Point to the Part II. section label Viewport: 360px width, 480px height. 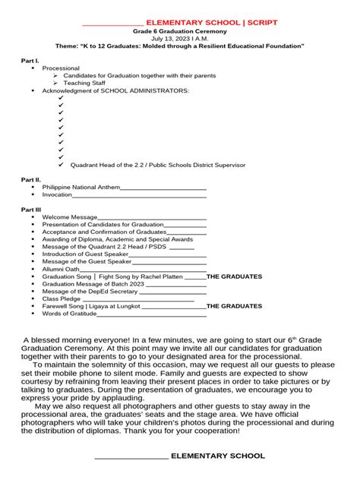[x=30, y=179]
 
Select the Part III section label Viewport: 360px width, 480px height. [x=30, y=209]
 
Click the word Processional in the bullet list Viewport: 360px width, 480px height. [x=60, y=68]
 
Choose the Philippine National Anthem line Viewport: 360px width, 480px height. [x=81, y=187]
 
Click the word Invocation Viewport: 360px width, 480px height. [x=57, y=194]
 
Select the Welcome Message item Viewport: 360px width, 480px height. [x=69, y=217]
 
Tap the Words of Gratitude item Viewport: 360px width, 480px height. [x=69, y=313]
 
